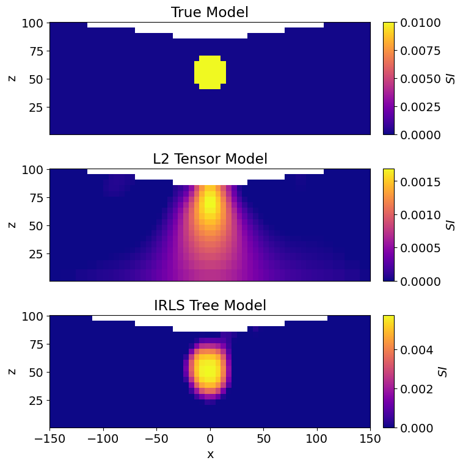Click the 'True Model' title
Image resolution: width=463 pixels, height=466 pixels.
[x=210, y=12]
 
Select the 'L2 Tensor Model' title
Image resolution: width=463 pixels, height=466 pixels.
[x=210, y=159]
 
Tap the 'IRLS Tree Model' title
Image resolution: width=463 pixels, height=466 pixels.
[x=210, y=305]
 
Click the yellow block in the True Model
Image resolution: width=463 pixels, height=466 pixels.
[x=210, y=72]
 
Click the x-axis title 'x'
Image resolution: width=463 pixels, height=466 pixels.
[x=210, y=454]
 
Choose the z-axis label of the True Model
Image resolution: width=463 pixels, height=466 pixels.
[x=12, y=78]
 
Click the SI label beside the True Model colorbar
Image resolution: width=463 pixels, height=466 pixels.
[x=451, y=78]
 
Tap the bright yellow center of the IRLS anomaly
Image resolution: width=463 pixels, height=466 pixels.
[x=209, y=369]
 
